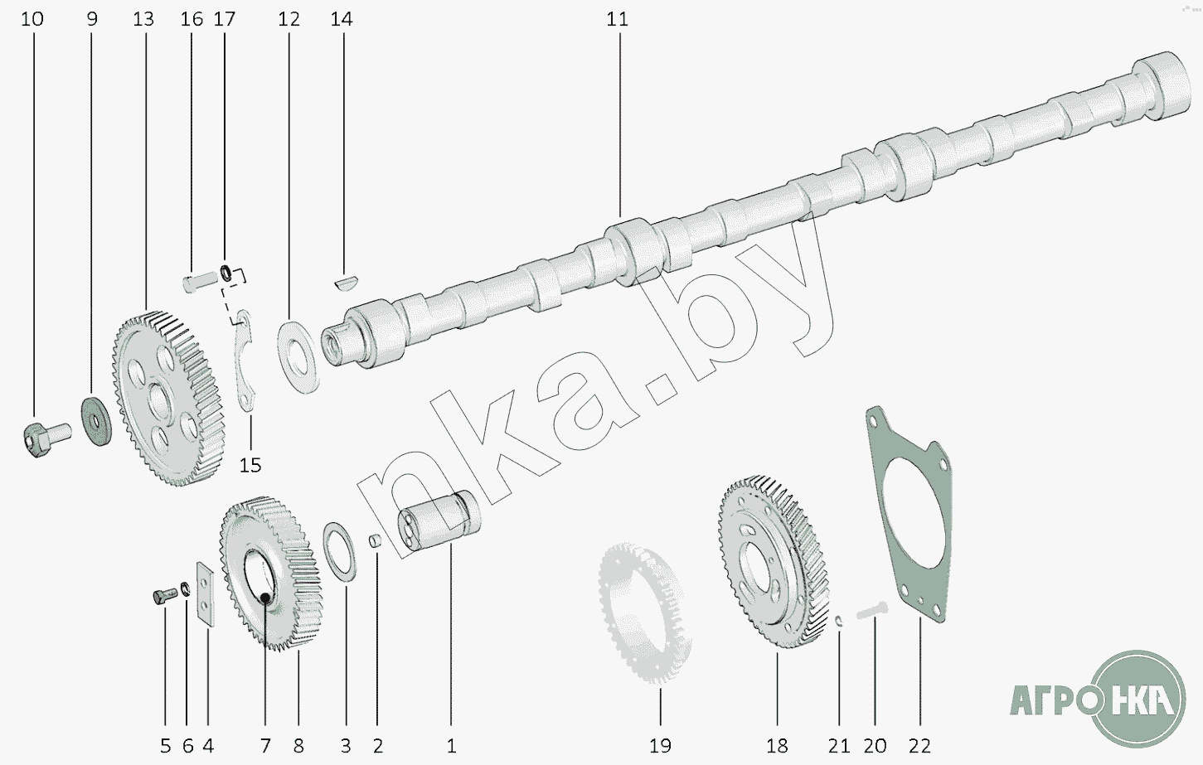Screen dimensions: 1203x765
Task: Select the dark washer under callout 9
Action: coord(97,421)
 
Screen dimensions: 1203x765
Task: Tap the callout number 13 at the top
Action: coord(143,19)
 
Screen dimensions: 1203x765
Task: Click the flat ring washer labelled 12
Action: coord(298,357)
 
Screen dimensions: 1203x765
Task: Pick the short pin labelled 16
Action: coord(200,283)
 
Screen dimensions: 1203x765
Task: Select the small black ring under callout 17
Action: coord(227,272)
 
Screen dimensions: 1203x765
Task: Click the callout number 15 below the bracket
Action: coord(250,465)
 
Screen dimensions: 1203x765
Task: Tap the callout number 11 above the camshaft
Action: coord(617,19)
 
